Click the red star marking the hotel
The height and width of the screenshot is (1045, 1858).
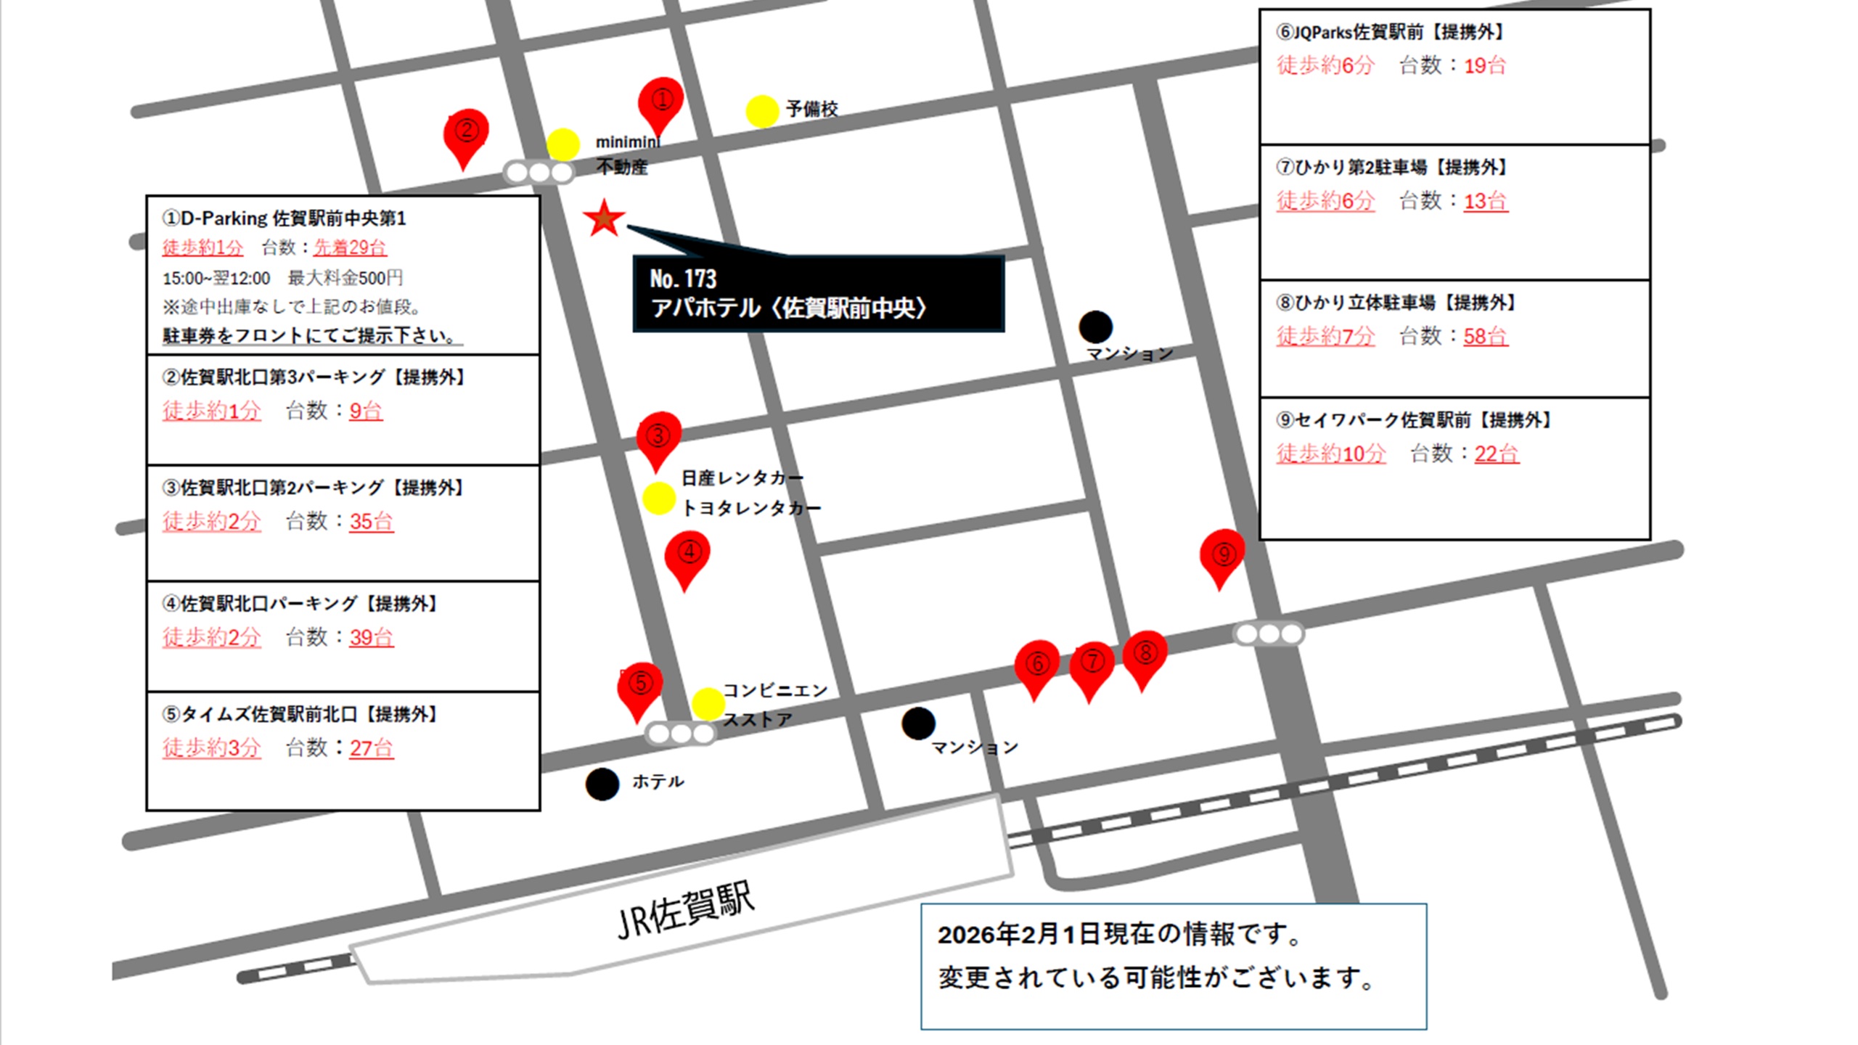[604, 218]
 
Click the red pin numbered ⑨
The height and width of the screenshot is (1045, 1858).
[1222, 555]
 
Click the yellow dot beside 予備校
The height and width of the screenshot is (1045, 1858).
[762, 112]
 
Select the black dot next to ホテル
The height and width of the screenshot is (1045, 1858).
[602, 784]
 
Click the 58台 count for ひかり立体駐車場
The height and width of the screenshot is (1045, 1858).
[1485, 336]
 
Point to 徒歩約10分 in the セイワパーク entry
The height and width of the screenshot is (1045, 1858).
[1331, 454]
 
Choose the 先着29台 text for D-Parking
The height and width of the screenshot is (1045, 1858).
[350, 247]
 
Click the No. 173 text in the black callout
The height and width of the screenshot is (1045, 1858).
[683, 279]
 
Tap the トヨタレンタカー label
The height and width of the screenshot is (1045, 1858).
[750, 508]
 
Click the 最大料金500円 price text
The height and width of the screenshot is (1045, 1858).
[345, 278]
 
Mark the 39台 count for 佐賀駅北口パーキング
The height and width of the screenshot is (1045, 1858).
[371, 637]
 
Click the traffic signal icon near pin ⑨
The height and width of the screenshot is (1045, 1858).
[1269, 634]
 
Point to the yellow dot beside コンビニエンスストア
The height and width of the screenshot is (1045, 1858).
[708, 704]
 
